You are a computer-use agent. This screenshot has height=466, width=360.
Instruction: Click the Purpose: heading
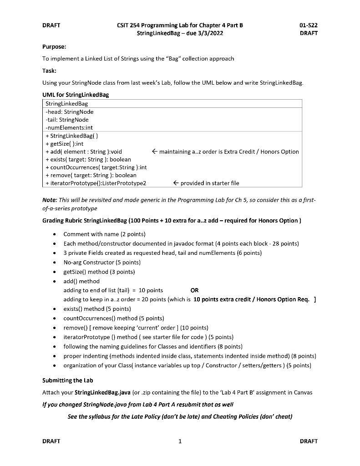tap(54, 46)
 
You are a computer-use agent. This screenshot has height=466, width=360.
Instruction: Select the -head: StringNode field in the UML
tap(70, 111)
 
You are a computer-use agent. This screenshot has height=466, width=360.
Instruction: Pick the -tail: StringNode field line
tap(67, 120)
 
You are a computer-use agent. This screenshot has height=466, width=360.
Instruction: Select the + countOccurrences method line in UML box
tap(96, 167)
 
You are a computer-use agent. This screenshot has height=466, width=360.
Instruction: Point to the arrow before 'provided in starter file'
tap(176, 183)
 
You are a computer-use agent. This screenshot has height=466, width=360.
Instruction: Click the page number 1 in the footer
tap(180, 441)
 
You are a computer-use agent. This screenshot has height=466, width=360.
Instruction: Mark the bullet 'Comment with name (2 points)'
tap(104, 234)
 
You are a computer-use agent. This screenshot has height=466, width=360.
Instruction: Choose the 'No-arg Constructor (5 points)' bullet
tap(102, 262)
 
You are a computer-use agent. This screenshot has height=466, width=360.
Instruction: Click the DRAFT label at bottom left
tap(51, 441)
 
